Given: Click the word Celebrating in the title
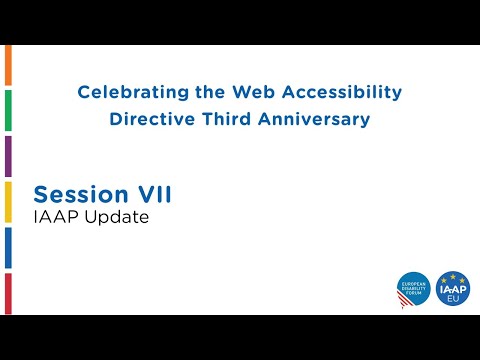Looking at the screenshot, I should coord(129,93).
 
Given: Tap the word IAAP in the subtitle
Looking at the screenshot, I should coord(53,217).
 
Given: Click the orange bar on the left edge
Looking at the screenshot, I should coord(8,65).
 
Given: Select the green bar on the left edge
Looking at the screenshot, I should coord(8,110).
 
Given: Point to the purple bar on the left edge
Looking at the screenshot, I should coord(8,156).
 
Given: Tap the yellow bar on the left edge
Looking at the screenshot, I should coord(8,202).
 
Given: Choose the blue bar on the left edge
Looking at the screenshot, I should coord(8,248).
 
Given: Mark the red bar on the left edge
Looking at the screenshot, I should coord(8,293).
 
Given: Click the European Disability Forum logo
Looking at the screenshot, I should coord(413,289).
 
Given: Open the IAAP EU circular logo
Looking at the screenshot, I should coord(452,289).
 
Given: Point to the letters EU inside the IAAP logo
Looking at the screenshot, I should coord(452,298).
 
